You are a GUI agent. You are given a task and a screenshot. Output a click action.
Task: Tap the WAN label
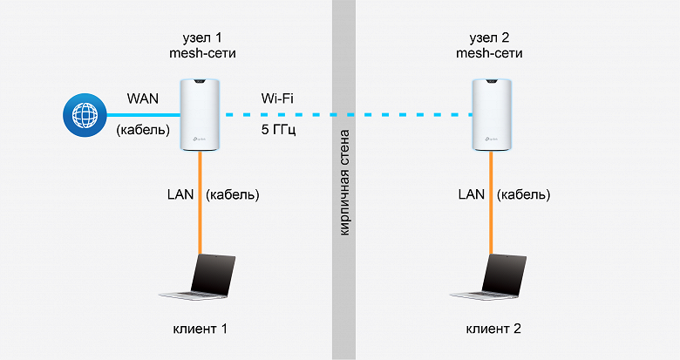(x=143, y=98)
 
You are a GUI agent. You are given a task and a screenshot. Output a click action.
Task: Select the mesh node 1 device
(x=200, y=113)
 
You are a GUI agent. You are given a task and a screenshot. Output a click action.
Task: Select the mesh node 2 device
(x=493, y=113)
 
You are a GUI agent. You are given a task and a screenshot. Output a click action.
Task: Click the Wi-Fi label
(x=278, y=98)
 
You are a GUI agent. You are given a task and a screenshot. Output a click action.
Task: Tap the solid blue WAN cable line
(x=139, y=115)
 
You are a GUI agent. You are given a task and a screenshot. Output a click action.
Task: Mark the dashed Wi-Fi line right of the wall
(x=410, y=115)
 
